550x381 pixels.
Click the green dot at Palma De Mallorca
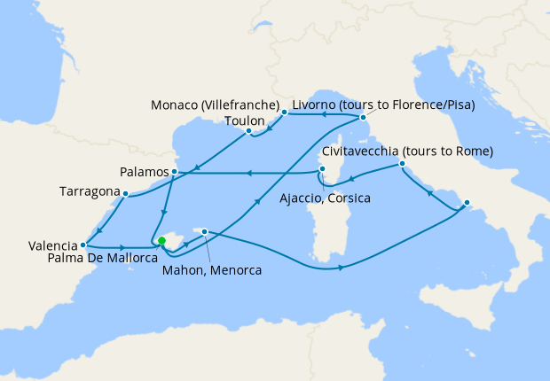point(161,240)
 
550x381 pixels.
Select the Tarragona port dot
point(126,193)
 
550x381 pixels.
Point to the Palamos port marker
point(175,171)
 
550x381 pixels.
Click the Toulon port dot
point(249,132)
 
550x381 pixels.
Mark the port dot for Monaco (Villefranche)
point(284,113)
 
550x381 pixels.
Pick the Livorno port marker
point(363,117)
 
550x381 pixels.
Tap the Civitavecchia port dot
point(402,164)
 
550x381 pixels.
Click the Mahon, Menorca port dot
point(205,232)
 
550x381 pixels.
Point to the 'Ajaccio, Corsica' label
point(325,197)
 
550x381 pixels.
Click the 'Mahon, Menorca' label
point(212,270)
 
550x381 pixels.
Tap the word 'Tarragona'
point(89,191)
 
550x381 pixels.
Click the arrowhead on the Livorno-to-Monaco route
point(323,114)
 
